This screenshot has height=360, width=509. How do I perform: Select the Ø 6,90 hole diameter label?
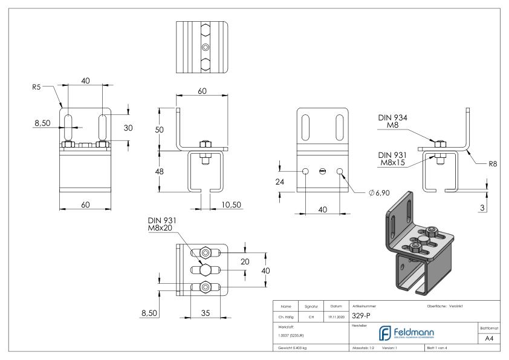click(379, 192)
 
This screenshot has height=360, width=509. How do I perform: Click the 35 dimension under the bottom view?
click(205, 314)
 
